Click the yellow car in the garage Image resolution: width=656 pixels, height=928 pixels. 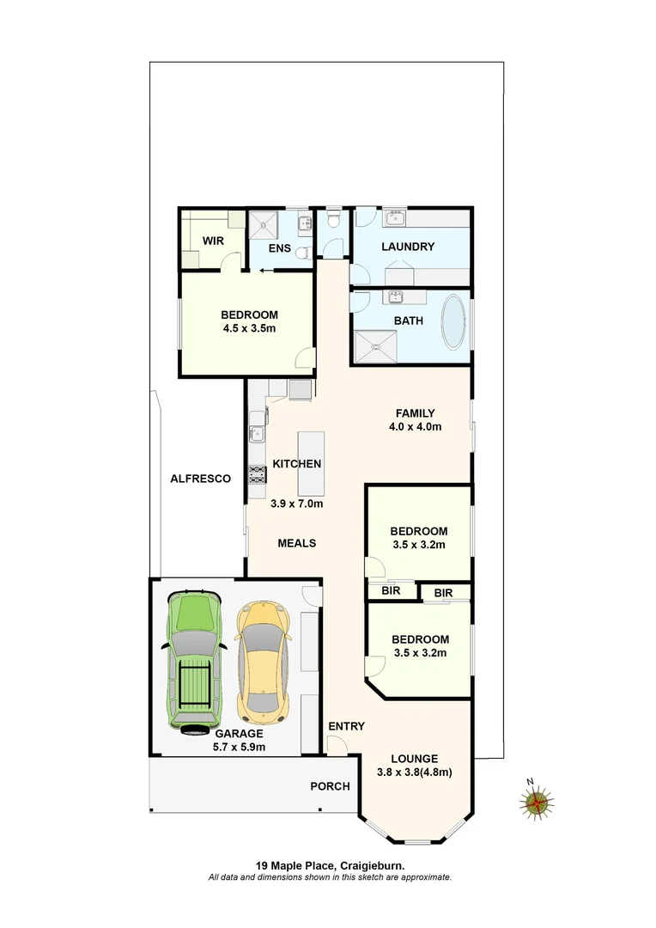pos(261,662)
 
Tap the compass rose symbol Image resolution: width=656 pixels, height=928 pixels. pos(538,803)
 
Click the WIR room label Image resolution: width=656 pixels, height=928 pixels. pos(213,241)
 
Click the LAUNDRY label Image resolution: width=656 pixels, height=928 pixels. pos(408,247)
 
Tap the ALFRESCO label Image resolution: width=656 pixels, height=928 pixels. pos(200,479)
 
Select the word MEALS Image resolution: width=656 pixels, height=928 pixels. pos(296,543)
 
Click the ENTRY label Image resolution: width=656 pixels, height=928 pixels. pos(347,726)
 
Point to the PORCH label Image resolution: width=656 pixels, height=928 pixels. pos(330,786)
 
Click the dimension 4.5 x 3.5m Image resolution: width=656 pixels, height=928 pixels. pos(248,327)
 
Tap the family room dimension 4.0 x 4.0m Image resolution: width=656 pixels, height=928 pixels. pos(414,426)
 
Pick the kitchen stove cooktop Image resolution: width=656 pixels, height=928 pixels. pos(256,473)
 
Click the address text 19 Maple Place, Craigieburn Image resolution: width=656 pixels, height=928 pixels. pos(330,866)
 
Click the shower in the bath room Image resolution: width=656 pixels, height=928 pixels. pos(376,347)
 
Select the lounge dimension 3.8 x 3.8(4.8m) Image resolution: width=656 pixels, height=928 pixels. pos(414,772)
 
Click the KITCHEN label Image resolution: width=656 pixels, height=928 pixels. pos(297,464)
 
